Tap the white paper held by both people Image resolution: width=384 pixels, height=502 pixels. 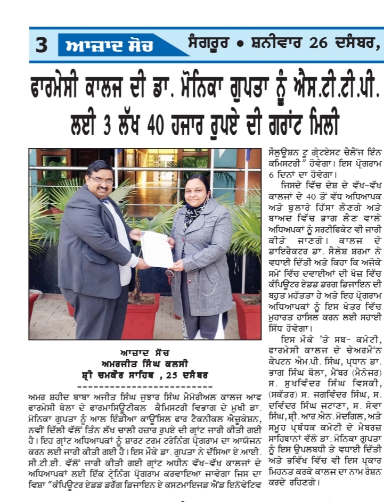coord(158,249)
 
